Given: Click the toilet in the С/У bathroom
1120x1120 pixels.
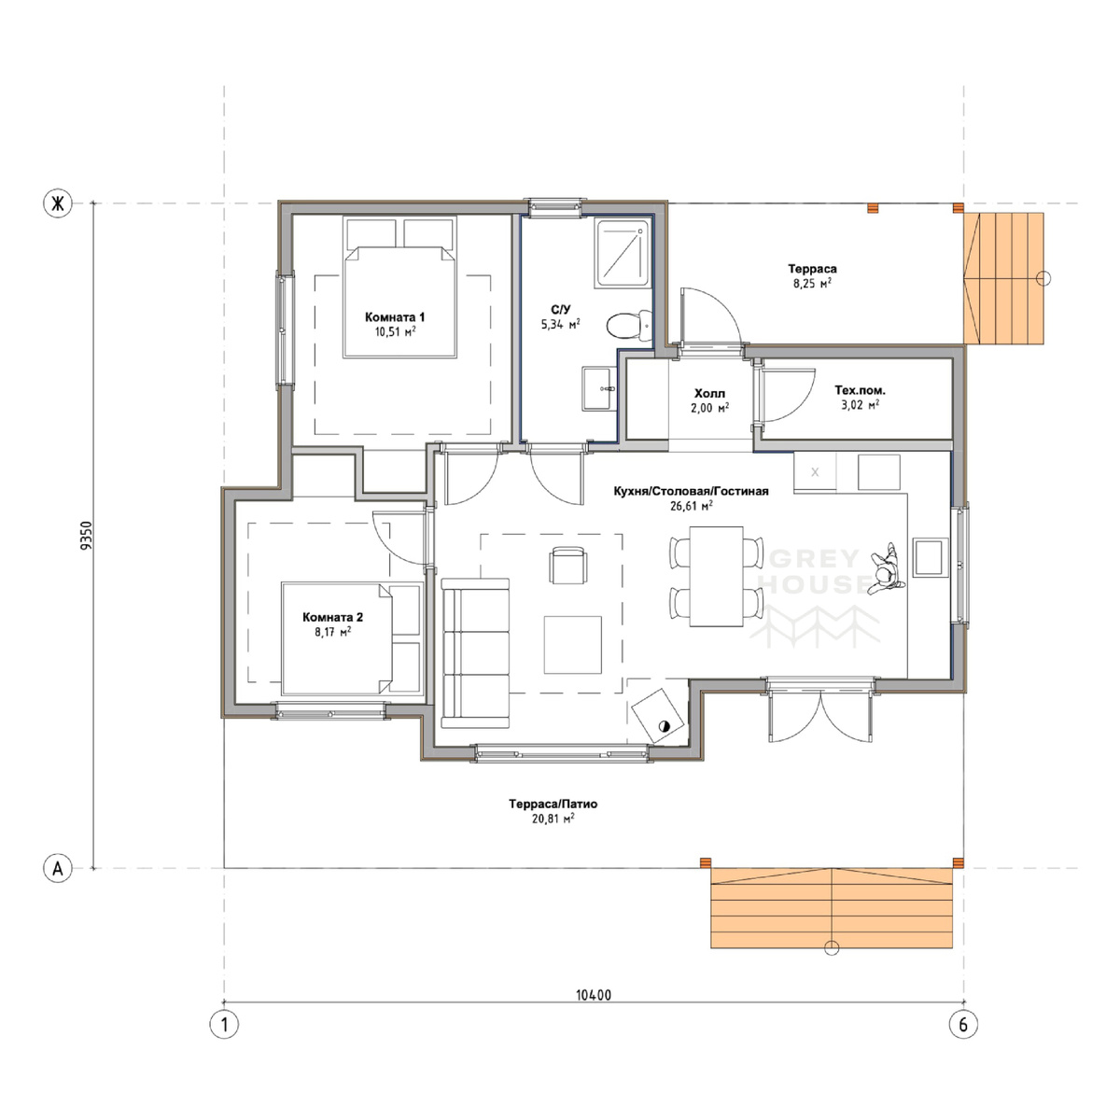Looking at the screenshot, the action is click(x=629, y=326).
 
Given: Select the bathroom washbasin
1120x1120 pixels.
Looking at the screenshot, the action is click(x=598, y=388).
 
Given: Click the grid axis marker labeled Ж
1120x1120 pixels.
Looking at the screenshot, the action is click(x=58, y=204).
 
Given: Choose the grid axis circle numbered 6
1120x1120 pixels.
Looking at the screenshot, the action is click(x=963, y=1024).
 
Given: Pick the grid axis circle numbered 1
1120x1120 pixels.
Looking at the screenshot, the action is click(x=224, y=1024).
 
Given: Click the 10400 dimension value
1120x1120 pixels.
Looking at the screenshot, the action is click(x=594, y=995).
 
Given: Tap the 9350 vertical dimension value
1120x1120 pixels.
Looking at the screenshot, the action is click(x=86, y=536).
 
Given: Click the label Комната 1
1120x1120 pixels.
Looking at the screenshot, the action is click(x=395, y=316).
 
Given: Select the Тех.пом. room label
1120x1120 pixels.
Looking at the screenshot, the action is click(x=861, y=390).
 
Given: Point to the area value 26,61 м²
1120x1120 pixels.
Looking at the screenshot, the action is click(x=692, y=506).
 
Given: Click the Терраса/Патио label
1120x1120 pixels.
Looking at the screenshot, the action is click(x=553, y=804).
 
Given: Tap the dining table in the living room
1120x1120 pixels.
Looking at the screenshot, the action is click(x=716, y=577).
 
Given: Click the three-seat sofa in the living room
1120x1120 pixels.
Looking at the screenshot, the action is click(x=475, y=652).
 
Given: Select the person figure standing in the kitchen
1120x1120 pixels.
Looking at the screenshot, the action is click(x=886, y=569).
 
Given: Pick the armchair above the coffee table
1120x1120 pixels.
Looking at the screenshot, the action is click(x=567, y=565).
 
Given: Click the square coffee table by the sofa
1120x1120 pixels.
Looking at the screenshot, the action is click(x=572, y=645).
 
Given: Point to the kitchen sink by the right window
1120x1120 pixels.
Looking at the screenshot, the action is click(x=931, y=557).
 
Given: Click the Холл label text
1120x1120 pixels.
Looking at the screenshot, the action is click(x=709, y=394).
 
